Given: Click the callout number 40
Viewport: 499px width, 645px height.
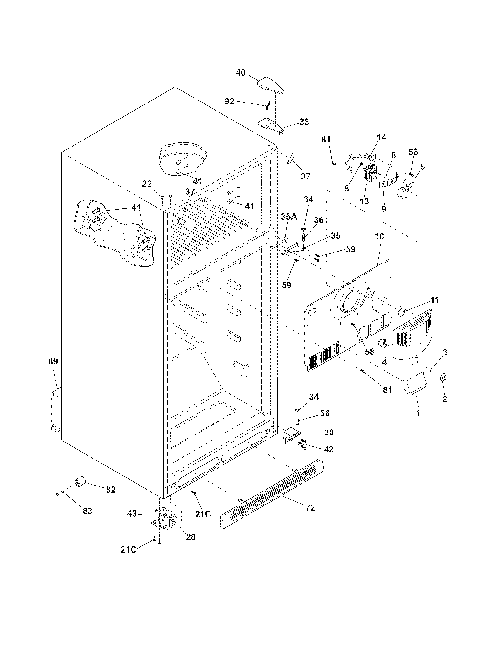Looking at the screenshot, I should [x=241, y=73].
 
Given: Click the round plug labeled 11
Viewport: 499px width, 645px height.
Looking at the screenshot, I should [x=402, y=312].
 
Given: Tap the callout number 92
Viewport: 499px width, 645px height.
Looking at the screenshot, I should [x=230, y=102].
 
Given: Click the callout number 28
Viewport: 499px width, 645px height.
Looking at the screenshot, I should [x=191, y=537].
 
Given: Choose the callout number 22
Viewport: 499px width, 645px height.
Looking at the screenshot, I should [x=147, y=184].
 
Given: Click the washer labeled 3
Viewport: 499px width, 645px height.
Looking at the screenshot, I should [x=431, y=370].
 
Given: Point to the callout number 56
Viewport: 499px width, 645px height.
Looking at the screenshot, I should [x=325, y=413].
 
